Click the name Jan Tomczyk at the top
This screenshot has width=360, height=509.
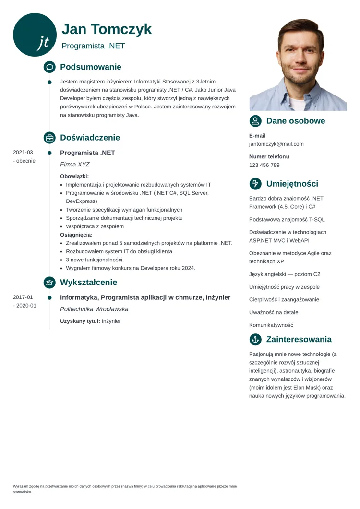[107, 29]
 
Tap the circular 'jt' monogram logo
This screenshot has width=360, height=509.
[35, 35]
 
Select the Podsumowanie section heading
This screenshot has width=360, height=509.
[90, 67]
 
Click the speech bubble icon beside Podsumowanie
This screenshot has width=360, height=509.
[49, 67]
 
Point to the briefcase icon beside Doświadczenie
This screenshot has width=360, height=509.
[49, 138]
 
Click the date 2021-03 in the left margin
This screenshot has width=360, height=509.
[23, 152]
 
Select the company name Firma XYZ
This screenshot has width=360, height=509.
[75, 165]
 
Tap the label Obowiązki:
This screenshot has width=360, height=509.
[74, 176]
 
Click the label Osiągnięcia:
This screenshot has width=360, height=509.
[76, 235]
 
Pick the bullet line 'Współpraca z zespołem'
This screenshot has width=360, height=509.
[95, 226]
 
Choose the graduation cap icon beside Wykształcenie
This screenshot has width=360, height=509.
[49, 283]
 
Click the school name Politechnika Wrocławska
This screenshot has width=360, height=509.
[94, 309]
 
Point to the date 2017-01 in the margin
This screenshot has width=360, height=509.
[23, 297]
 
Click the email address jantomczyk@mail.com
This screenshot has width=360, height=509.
[276, 144]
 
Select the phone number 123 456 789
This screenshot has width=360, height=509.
[264, 165]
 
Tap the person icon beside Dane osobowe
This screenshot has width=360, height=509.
[256, 121]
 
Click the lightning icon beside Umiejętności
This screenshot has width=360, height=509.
[256, 184]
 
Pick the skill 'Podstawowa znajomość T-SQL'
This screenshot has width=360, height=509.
[287, 220]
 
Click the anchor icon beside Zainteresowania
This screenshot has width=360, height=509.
[256, 340]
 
